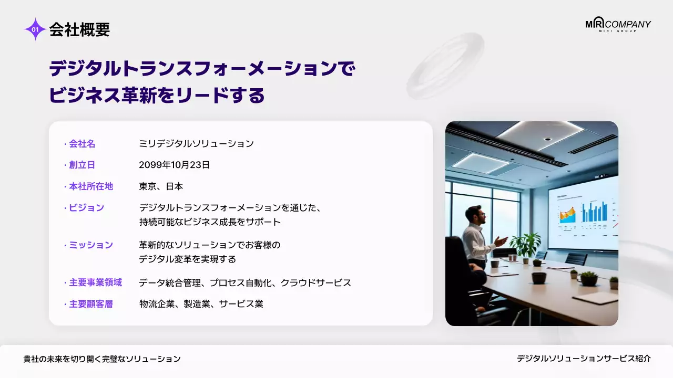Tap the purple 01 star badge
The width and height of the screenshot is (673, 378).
[x=35, y=29]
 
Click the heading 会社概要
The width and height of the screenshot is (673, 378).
[x=79, y=30]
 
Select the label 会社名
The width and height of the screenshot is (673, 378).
[x=82, y=143]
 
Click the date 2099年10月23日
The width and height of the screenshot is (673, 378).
[x=174, y=165]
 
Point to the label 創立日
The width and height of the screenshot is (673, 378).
[x=82, y=165]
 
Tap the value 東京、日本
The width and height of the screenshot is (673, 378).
[x=161, y=186]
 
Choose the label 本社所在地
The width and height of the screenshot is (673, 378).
[x=90, y=186]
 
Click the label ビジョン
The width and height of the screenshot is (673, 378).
[x=86, y=208]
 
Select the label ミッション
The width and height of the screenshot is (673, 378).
[x=90, y=245]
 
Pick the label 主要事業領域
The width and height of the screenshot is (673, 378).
[x=95, y=282]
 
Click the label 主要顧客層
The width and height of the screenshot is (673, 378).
[x=90, y=304]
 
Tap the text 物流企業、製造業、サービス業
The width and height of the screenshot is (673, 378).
[x=201, y=304]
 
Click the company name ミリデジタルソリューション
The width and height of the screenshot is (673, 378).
[x=196, y=143]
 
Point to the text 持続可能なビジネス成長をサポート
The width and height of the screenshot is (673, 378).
[x=210, y=222]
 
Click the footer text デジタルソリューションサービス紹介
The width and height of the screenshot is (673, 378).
[x=584, y=359]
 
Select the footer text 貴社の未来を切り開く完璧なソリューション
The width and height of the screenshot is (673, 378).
[x=102, y=359]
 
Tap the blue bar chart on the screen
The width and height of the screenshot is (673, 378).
[x=594, y=213]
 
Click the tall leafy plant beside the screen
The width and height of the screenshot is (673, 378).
[x=526, y=245]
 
